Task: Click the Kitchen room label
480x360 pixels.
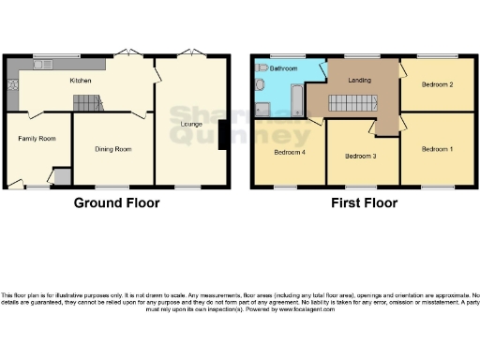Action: click(x=81, y=81)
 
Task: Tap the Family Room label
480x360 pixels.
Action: click(x=37, y=138)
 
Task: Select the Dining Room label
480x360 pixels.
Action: click(x=113, y=149)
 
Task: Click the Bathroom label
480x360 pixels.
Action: click(x=284, y=68)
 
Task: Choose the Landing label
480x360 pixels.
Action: click(x=358, y=81)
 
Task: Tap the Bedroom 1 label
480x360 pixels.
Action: click(x=437, y=149)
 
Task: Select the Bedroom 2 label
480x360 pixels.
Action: click(x=437, y=85)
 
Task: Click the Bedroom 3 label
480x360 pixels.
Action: click(x=361, y=156)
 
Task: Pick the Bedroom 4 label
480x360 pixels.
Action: click(x=288, y=152)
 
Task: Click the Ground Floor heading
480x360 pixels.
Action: click(x=116, y=202)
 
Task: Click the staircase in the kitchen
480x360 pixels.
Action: click(x=86, y=102)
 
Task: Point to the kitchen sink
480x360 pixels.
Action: click(x=43, y=65)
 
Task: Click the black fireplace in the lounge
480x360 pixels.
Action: click(x=222, y=137)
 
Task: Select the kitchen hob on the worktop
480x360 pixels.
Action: click(x=14, y=83)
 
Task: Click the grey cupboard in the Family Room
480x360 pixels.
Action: click(x=62, y=176)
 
